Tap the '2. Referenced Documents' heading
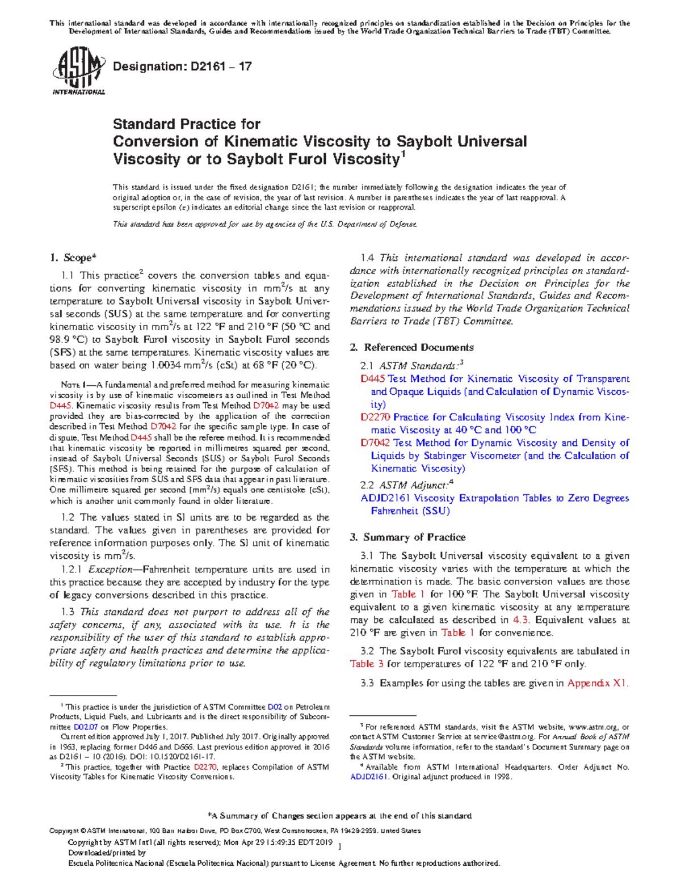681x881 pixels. point(412,347)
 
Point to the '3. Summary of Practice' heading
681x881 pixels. point(408,537)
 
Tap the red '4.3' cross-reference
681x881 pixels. point(520,620)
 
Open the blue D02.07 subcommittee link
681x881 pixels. point(86,727)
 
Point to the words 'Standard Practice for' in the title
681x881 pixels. point(187,124)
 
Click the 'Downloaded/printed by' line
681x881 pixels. point(107,853)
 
